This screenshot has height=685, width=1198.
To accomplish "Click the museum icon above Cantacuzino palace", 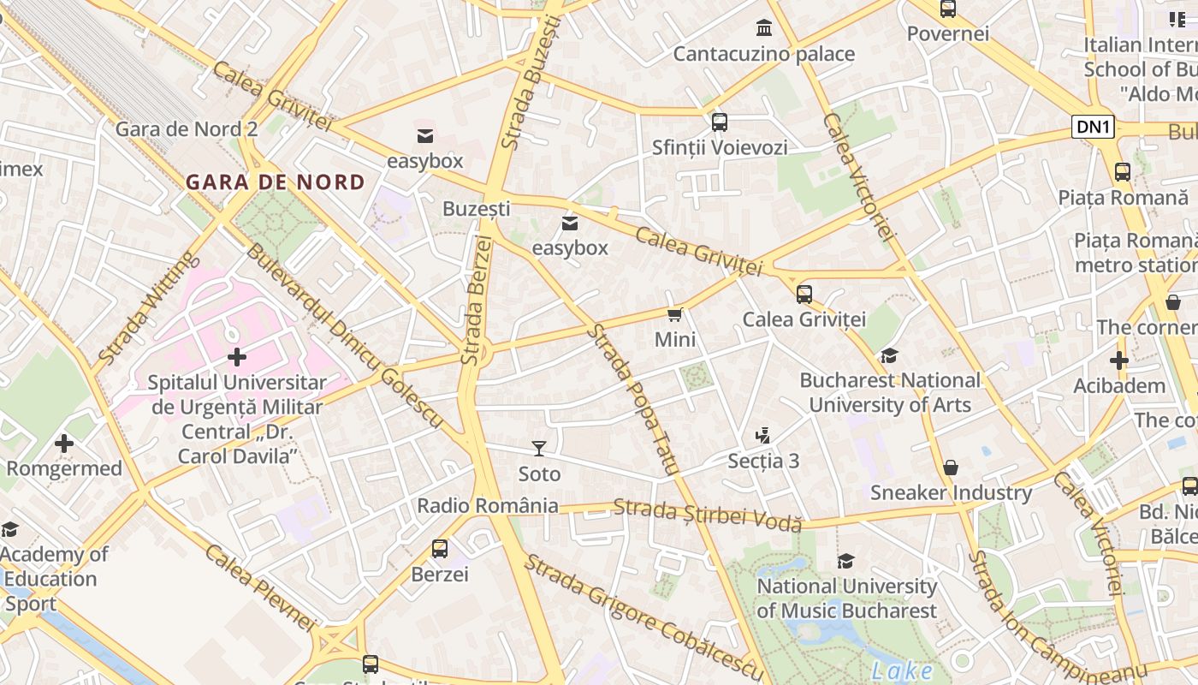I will coord(764,28).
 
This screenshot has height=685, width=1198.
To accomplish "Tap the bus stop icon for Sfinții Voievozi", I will coord(720,122).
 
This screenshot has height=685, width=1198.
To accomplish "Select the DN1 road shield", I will coord(1094,128).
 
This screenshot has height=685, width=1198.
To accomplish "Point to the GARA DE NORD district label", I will coord(276,182).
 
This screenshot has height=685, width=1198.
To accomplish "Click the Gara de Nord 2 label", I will coord(186,129).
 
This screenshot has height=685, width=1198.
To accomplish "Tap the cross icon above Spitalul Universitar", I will coord(237,356).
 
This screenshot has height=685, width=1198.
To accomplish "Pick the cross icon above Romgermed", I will coord(64,443).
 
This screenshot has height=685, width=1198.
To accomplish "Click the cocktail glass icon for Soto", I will coord(539,448).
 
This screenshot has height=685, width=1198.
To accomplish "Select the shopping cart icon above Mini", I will coord(675,314).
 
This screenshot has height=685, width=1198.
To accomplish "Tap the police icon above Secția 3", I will coord(763,436).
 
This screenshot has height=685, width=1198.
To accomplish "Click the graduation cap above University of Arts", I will coord(890,354).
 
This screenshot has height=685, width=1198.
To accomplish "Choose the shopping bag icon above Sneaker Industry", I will coord(951,468).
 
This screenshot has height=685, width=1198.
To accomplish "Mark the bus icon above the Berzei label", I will coord(440,548).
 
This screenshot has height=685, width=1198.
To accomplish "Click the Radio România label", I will coord(487,505).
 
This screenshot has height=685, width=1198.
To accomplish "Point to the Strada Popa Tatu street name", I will coord(633,399).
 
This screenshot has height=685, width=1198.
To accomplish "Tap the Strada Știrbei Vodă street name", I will coord(708,513).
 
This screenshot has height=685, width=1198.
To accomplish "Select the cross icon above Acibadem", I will coord(1119,360).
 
